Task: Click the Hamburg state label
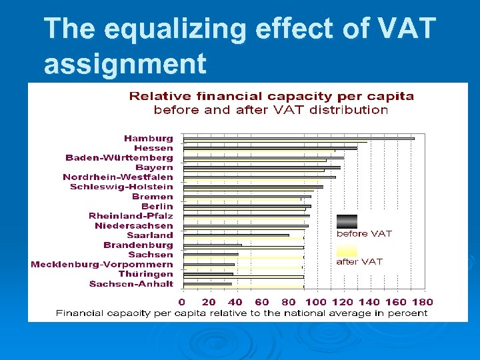[x=148, y=139]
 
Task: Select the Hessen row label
[x=153, y=148]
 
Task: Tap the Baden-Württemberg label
[x=119, y=158]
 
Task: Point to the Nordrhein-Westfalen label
[x=118, y=177]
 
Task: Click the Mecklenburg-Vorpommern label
[x=102, y=265]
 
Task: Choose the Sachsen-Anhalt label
[x=131, y=284]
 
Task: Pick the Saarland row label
[x=150, y=235]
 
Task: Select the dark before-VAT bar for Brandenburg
[x=212, y=245]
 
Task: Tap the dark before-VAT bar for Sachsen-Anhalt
[x=207, y=284]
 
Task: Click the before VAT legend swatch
[x=347, y=221]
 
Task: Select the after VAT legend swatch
[x=347, y=250]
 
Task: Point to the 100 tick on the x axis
[x=315, y=302]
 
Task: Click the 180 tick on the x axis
[x=423, y=302]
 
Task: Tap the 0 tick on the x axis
[x=183, y=302]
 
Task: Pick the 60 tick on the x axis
[x=262, y=302]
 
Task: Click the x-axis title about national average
[x=241, y=313]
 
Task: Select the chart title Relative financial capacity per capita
[x=271, y=97]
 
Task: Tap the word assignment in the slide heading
[x=125, y=64]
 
